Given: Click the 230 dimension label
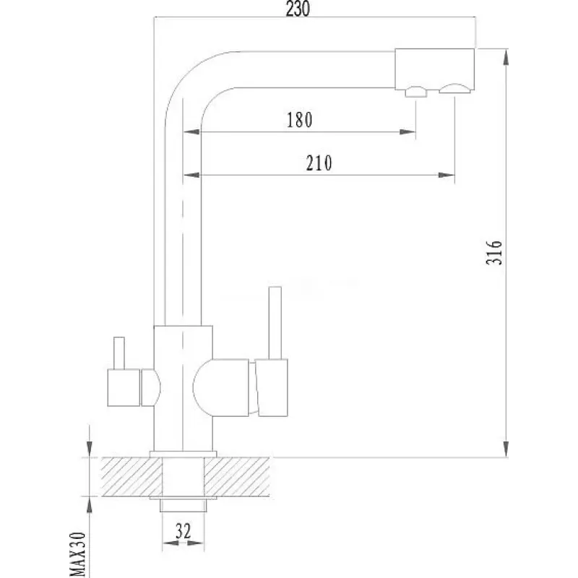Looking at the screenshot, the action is coord(298,9).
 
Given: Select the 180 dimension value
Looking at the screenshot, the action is coord(299,120).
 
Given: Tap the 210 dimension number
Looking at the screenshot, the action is coord(319,163).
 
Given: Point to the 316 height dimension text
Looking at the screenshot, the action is coord(494,252).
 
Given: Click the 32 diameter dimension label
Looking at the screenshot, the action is coord(184,531).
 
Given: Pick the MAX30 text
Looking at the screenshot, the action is coord(78,554).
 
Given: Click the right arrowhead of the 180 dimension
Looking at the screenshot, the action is coord(407,131).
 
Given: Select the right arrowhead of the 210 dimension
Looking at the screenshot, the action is coord(447,175).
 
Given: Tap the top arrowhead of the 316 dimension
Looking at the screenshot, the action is coord(506,57).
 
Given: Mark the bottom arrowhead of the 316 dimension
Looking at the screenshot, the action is coord(506,449).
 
